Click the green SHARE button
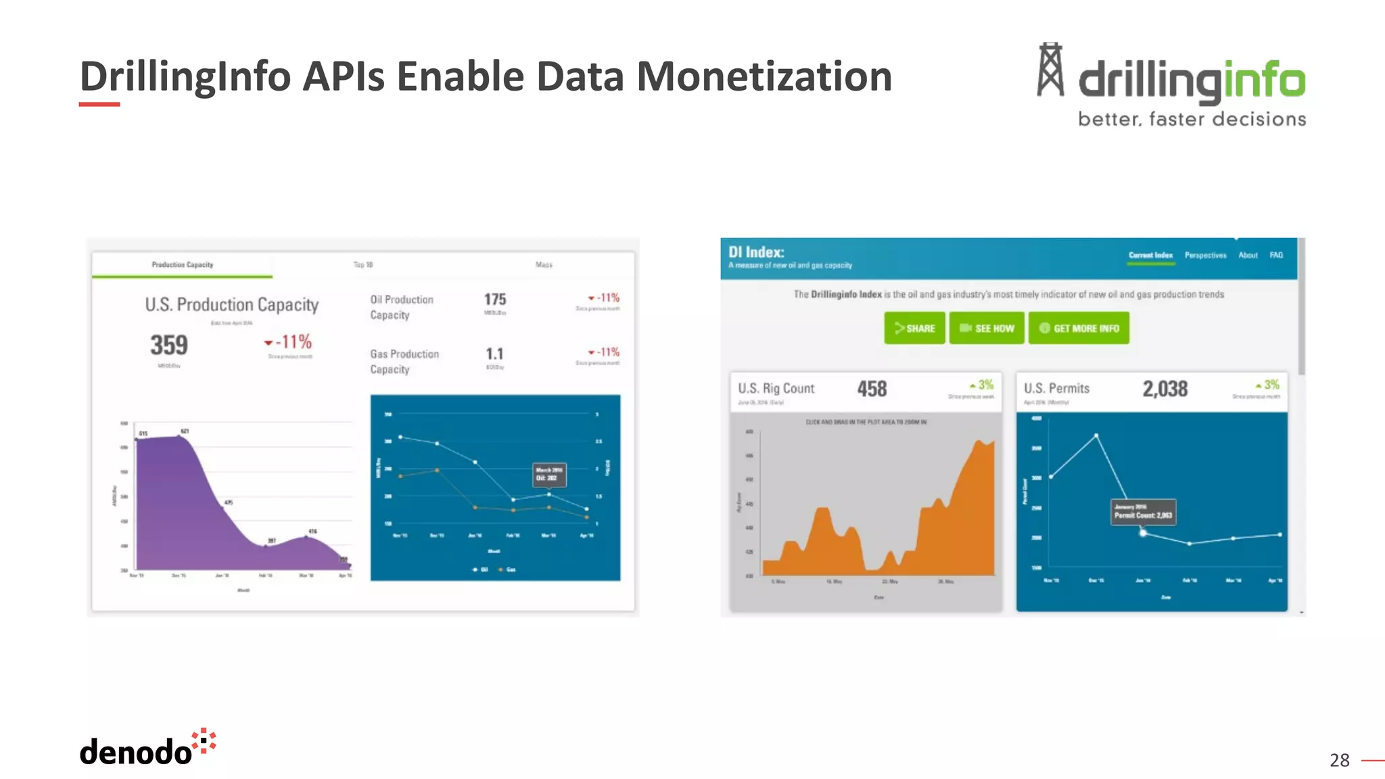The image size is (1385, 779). click(x=914, y=328)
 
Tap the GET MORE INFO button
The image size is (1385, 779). click(x=1079, y=328)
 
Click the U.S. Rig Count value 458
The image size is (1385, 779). click(x=872, y=389)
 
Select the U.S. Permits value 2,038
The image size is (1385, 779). click(x=1165, y=389)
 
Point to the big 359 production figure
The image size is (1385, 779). click(x=169, y=345)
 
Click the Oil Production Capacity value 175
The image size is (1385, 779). click(x=495, y=300)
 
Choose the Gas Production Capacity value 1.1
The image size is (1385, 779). click(x=494, y=354)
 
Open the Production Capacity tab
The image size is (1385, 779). click(x=183, y=264)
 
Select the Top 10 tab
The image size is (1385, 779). click(x=363, y=264)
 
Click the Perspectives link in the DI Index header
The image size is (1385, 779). click(x=1205, y=255)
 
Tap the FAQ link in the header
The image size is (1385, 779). click(x=1275, y=255)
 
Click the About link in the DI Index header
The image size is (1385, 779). click(x=1248, y=255)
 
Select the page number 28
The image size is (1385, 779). click(x=1339, y=760)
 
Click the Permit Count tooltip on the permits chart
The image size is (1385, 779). click(x=1143, y=511)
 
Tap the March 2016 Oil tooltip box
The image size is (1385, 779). click(x=548, y=474)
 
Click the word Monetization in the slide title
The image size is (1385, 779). click(x=764, y=76)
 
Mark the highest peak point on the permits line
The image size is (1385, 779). click(x=1096, y=435)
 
